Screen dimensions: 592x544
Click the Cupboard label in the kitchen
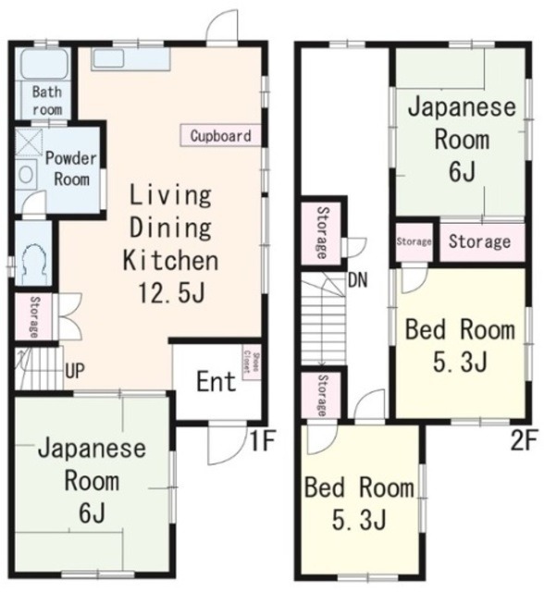(220, 136)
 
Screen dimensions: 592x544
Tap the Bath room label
(45, 99)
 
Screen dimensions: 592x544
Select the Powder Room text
(70, 168)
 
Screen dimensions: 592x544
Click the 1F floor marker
(261, 439)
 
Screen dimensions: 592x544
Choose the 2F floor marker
(524, 439)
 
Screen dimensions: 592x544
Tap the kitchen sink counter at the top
(130, 58)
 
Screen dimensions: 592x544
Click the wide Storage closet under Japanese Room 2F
(479, 241)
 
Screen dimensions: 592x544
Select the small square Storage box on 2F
(414, 241)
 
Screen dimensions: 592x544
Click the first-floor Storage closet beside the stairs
(32, 317)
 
